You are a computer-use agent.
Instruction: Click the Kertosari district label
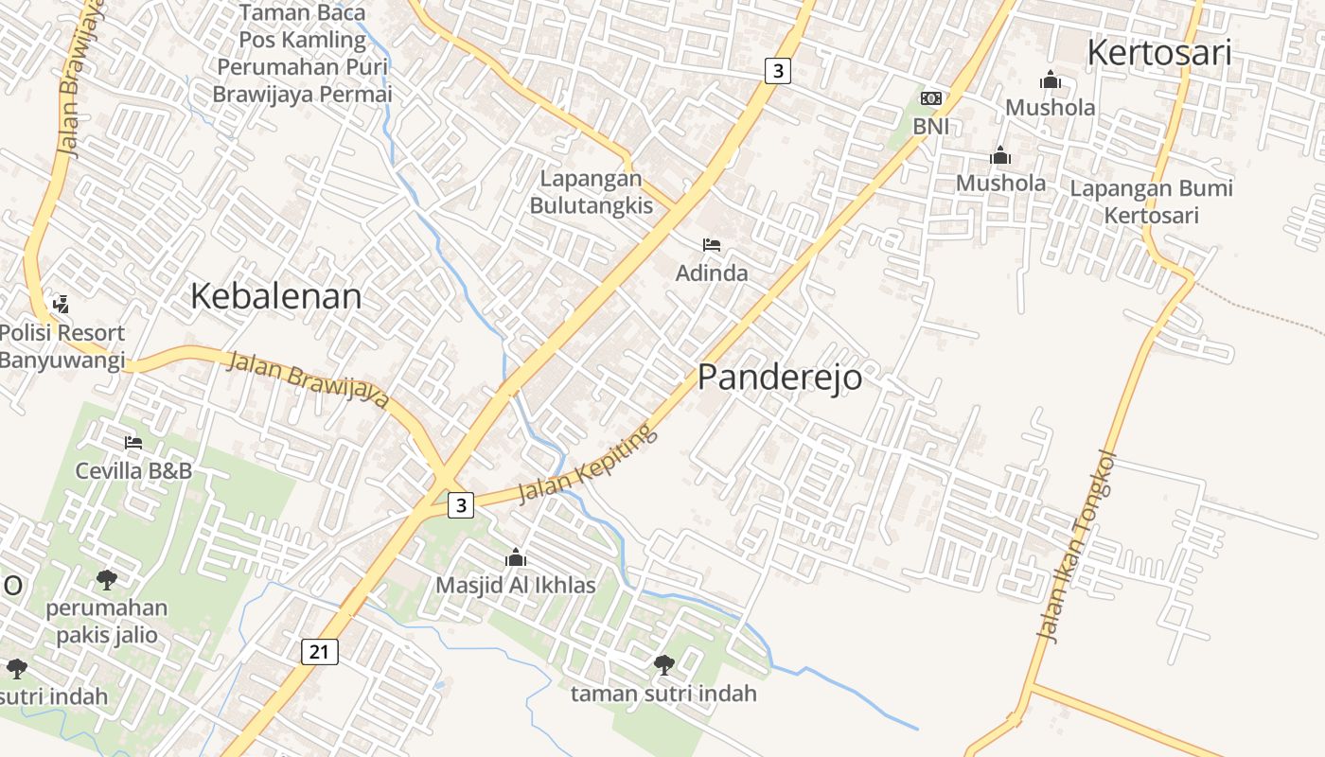point(1158,52)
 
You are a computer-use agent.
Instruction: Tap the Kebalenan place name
point(275,296)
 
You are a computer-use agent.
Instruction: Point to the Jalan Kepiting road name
point(586,464)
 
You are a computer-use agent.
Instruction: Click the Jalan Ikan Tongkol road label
point(1077,547)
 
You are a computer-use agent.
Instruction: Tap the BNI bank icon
point(931,98)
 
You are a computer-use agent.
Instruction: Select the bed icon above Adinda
point(712,245)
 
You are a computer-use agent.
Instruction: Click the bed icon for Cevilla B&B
point(133,442)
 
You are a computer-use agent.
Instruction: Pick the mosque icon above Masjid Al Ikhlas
point(516,557)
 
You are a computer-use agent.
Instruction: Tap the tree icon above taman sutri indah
point(664,665)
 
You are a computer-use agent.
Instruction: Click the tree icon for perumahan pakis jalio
point(107,579)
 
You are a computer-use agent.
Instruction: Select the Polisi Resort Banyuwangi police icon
point(61,304)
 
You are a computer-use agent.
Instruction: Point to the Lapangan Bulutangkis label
point(591,192)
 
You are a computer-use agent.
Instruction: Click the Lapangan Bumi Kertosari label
point(1151,202)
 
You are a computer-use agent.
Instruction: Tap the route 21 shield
point(321,651)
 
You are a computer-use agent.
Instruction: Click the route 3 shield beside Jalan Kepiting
point(460,505)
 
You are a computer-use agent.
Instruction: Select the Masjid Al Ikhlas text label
point(516,586)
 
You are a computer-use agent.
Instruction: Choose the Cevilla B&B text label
point(133,470)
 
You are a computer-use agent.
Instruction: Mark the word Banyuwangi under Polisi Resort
point(62,361)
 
